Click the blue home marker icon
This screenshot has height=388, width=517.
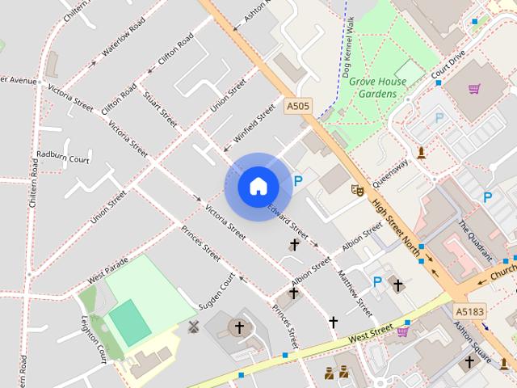click(258, 187)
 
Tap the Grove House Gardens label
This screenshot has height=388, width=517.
click(378, 87)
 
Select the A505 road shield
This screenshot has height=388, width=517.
click(298, 105)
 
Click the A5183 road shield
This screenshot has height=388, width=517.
click(469, 310)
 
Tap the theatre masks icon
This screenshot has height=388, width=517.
click(356, 190)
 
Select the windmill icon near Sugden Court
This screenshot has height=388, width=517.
click(193, 327)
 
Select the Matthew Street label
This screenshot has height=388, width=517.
click(355, 293)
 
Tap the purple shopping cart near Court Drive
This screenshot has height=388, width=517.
click(474, 88)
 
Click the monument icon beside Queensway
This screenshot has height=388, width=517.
click(421, 153)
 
